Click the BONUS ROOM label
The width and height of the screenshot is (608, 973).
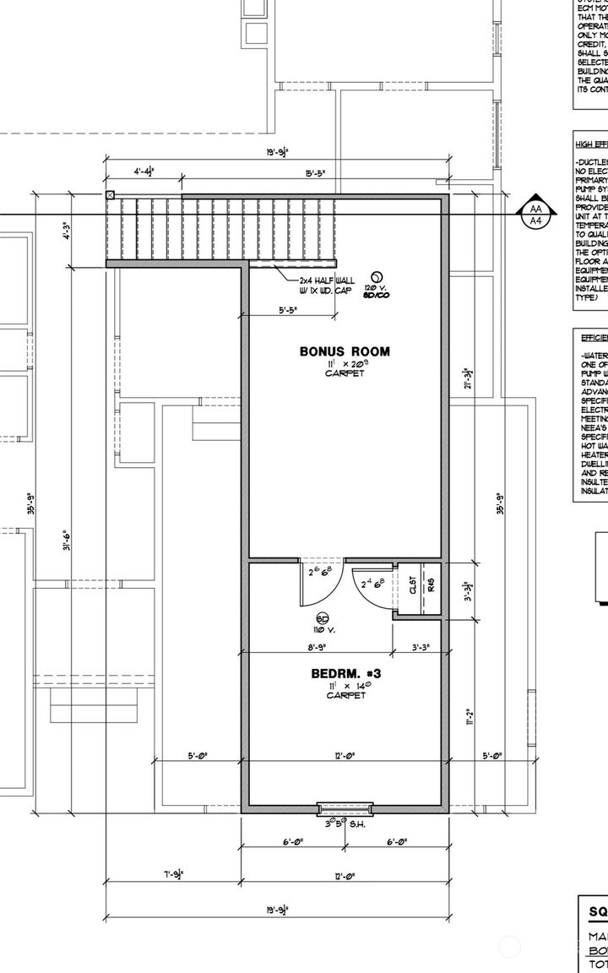[345, 327]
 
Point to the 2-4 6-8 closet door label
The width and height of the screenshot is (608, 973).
[372, 583]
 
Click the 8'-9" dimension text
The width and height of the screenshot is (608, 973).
[317, 647]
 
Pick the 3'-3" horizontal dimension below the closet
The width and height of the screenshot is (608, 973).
[419, 647]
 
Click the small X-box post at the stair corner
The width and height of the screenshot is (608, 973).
[110, 194]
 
